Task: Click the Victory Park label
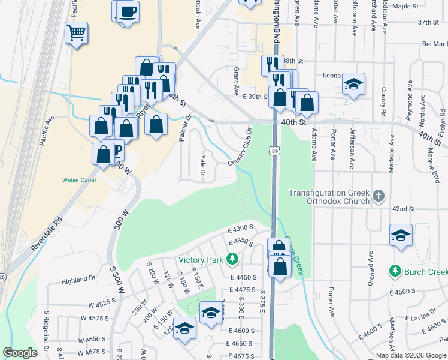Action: pyautogui.click(x=200, y=260)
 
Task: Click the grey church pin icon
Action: pyautogui.click(x=378, y=196)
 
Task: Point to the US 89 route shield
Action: pyautogui.click(x=273, y=152)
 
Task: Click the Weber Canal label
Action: pyautogui.click(x=78, y=179)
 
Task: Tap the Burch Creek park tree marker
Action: pyautogui.click(x=395, y=272)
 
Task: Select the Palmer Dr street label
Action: pyautogui.click(x=184, y=128)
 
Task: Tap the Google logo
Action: pyautogui.click(x=20, y=353)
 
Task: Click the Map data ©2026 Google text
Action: pyautogui.click(x=411, y=355)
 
